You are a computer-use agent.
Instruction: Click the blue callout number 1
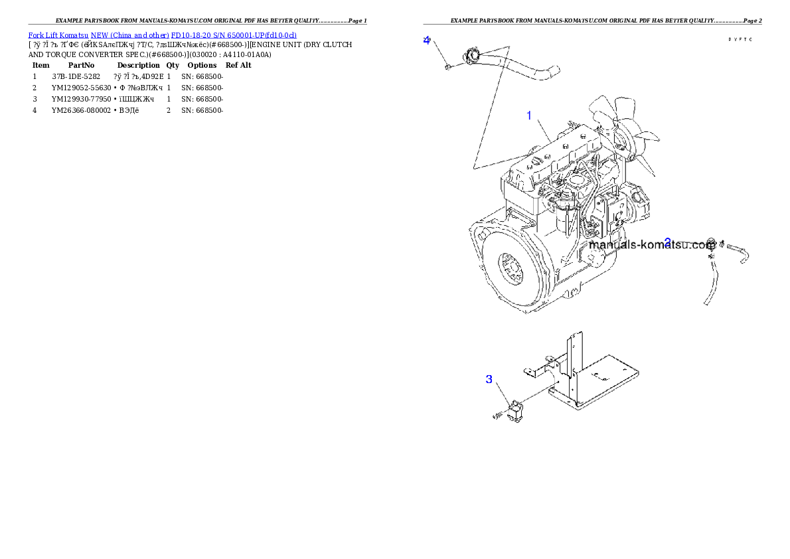click(529, 116)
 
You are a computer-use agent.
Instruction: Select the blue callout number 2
click(668, 242)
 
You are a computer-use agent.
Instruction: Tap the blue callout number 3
click(489, 379)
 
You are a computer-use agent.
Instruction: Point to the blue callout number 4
click(427, 40)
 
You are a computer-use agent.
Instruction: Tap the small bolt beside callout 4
click(449, 66)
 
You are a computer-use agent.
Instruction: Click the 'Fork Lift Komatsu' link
click(58, 35)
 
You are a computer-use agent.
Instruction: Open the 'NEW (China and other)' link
click(130, 35)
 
